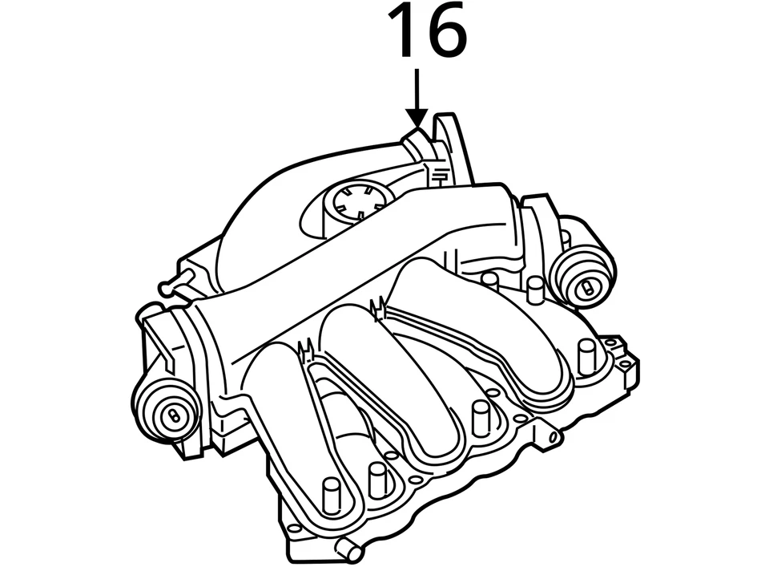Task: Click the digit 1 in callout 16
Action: click(402, 32)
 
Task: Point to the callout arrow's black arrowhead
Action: click(417, 119)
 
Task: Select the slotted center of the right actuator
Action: click(589, 286)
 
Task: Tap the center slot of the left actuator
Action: click(174, 415)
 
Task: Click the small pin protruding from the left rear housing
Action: click(171, 281)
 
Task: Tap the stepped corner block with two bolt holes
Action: click(622, 357)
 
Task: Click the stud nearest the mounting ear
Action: click(481, 417)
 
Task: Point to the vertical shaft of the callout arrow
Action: click(417, 88)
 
